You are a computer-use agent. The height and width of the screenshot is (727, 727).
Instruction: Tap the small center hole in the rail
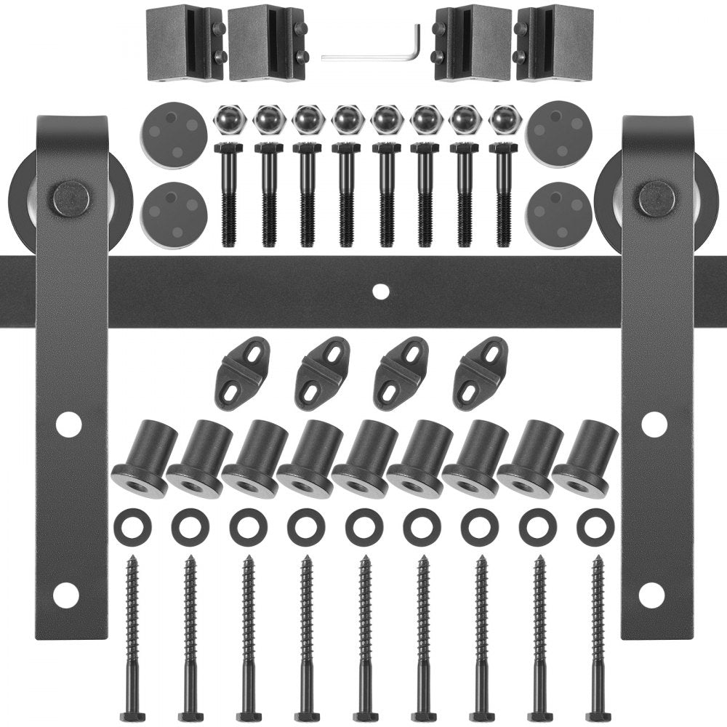pyautogui.click(x=379, y=291)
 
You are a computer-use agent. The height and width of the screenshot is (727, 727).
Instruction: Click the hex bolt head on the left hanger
pyautogui.click(x=71, y=198)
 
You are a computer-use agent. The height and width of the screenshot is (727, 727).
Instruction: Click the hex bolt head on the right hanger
pyautogui.click(x=656, y=198)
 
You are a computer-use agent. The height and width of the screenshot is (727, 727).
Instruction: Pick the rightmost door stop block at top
pyautogui.click(x=554, y=43)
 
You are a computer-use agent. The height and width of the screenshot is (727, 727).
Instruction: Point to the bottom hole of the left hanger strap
pyautogui.click(x=66, y=595)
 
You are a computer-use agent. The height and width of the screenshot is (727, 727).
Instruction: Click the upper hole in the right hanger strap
pyautogui.click(x=654, y=424)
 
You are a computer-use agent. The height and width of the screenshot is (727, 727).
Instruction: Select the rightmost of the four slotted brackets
pyautogui.click(x=481, y=373)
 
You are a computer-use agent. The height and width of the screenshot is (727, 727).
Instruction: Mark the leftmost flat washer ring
pyautogui.click(x=132, y=527)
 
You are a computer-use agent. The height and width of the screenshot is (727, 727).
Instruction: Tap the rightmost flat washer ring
pyautogui.click(x=595, y=527)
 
